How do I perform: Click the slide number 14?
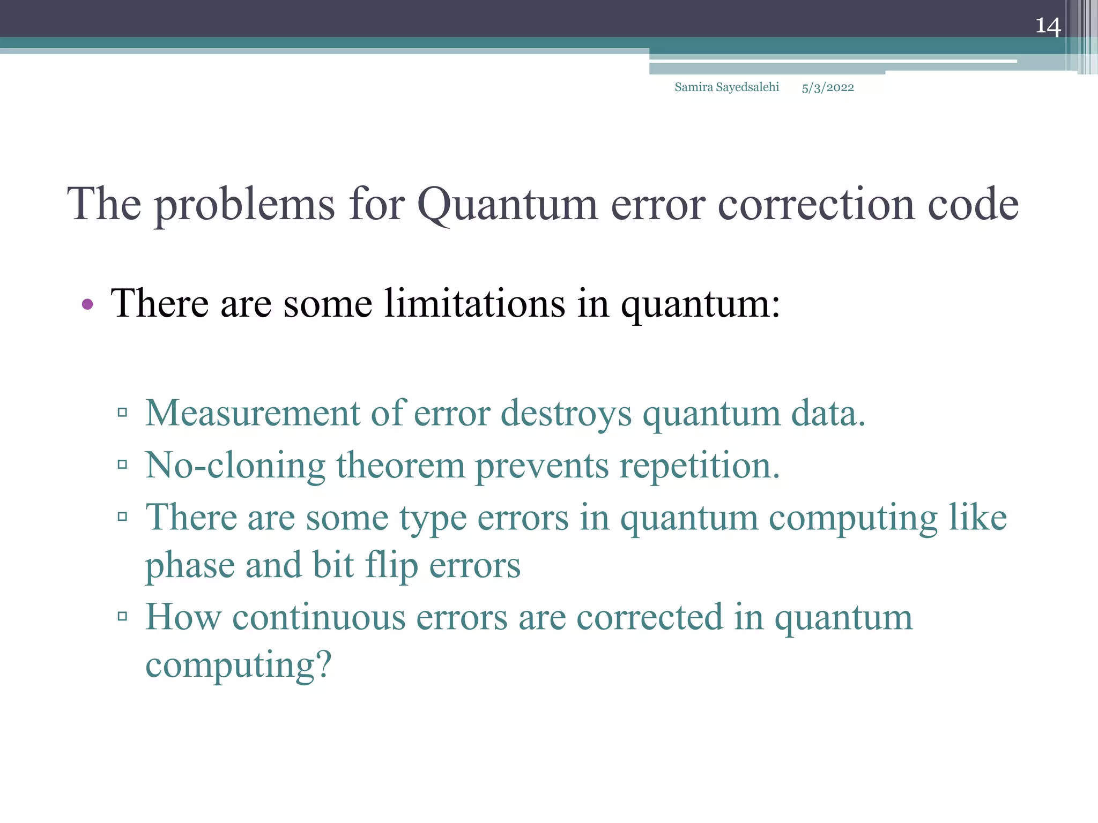1048,26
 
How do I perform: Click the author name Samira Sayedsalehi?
726,87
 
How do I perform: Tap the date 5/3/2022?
827,88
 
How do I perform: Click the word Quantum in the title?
507,205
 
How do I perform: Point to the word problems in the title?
245,205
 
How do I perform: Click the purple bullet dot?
87,305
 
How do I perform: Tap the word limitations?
474,304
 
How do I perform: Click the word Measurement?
253,413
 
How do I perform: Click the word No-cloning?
235,465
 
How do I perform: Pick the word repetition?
699,466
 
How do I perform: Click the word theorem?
400,465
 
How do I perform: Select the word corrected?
649,617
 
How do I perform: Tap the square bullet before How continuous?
122,616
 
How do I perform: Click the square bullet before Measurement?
122,412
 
